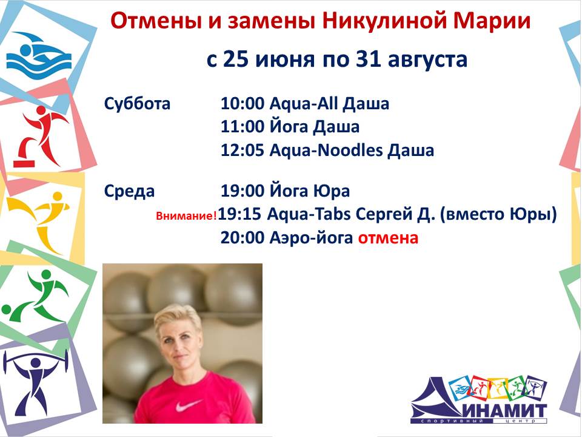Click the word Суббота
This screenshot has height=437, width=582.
(x=137, y=103)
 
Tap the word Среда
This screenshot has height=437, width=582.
(x=129, y=191)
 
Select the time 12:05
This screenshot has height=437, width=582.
(x=242, y=150)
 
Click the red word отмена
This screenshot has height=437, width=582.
(x=388, y=238)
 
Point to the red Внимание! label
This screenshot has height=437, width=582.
(x=186, y=216)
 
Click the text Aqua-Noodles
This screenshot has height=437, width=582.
(x=326, y=150)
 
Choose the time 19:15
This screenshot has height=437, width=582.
(x=240, y=214)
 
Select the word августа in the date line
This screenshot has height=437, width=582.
(x=427, y=59)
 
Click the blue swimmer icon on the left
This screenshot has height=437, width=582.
(x=39, y=56)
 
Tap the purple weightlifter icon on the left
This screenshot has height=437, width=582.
(x=35, y=383)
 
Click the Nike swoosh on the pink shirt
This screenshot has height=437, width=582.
(x=188, y=405)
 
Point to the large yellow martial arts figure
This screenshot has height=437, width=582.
(x=39, y=220)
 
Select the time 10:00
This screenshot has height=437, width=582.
(x=242, y=103)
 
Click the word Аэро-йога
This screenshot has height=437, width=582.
(x=311, y=238)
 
